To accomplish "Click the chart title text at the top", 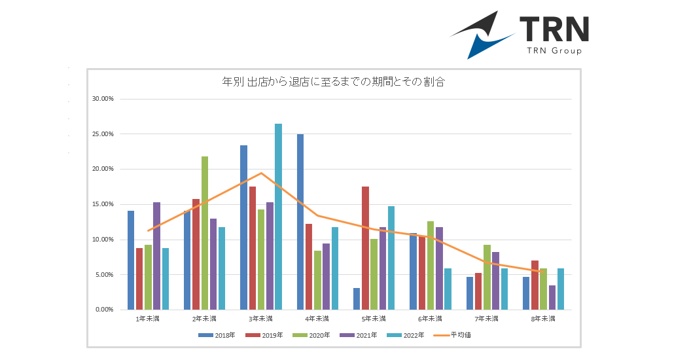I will [334, 82].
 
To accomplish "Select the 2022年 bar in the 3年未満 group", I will [278, 216].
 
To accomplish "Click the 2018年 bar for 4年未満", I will [300, 221].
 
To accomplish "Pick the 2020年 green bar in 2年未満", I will [205, 232].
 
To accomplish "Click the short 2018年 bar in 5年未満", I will [357, 298].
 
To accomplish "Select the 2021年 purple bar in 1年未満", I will [156, 255].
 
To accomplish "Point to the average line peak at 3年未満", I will [261, 173].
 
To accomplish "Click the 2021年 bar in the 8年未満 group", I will [552, 297].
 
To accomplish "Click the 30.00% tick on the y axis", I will [103, 99].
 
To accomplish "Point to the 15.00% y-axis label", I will [103, 204].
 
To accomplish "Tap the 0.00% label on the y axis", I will [105, 310].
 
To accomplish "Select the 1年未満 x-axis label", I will [147, 319].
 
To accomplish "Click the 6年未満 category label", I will [430, 319].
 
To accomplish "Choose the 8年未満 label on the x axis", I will [543, 319].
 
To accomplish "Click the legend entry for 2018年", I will [221, 335].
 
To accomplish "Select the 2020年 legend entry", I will [315, 335].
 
